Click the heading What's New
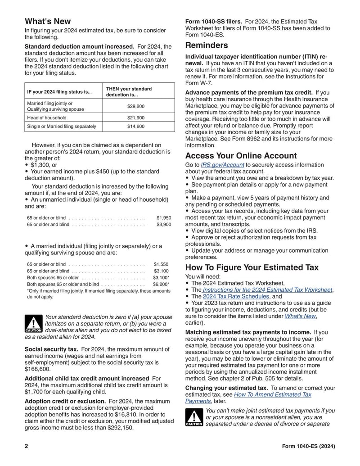[x=47, y=21]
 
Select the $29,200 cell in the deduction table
[x=139, y=106]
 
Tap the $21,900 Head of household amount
[x=139, y=118]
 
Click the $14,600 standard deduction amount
[x=139, y=127]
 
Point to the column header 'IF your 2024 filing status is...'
[x=59, y=92]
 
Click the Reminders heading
[x=207, y=45]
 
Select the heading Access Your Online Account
[x=241, y=156]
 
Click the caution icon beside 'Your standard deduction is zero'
[x=33, y=324]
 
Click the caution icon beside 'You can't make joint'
[x=194, y=417]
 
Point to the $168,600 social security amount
[x=37, y=368]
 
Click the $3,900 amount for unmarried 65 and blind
[x=163, y=224]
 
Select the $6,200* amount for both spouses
[x=161, y=285]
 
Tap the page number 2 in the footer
[x=27, y=446]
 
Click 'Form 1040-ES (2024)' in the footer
[x=308, y=446]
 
